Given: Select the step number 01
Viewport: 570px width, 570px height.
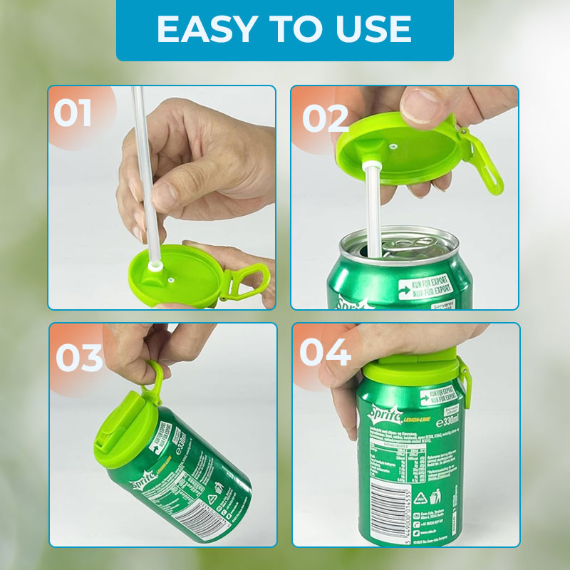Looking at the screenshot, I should click(73, 114).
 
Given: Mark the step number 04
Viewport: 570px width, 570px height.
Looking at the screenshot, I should click(324, 353).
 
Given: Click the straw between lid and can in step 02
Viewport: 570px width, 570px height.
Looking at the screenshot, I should click(372, 207).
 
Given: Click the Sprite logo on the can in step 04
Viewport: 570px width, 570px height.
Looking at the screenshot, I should click(385, 413).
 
